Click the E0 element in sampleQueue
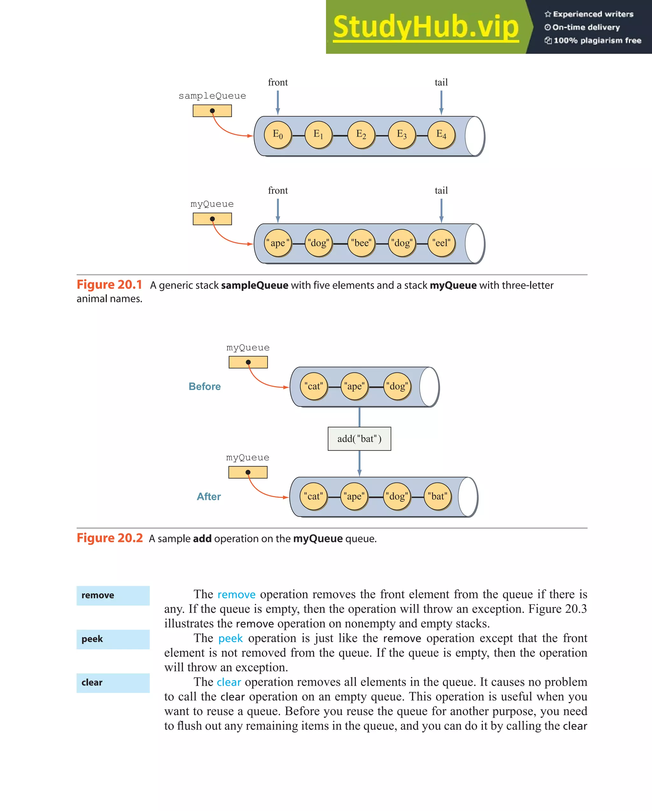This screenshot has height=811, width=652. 278,135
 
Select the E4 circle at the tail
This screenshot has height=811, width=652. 441,135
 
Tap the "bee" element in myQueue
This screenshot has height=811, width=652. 361,243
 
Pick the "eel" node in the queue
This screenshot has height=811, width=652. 441,243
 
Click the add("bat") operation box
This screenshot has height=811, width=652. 359,438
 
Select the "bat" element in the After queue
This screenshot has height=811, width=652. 437,496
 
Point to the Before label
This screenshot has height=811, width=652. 204,386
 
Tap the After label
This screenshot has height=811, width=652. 209,496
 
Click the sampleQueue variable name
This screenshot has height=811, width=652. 212,96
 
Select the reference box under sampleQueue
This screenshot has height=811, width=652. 212,111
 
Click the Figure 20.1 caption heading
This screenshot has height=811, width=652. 109,285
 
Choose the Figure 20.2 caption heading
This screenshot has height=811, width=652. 110,538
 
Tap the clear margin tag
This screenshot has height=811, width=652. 113,683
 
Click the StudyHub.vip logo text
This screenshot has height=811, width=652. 426,27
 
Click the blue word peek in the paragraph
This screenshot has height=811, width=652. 230,639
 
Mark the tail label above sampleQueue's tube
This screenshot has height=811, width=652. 441,83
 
